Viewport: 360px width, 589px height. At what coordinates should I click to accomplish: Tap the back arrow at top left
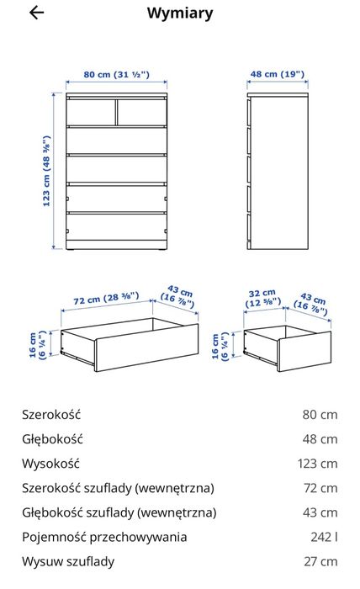pos(36,13)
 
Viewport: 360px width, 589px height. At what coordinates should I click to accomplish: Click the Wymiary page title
pos(179,13)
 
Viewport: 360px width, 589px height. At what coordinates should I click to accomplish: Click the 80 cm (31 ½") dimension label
pos(117,75)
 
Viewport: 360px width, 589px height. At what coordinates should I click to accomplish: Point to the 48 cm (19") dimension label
pos(277,75)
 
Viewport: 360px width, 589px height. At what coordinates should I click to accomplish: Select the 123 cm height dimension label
pos(47,172)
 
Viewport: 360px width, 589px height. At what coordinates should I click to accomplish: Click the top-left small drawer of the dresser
pos(91,112)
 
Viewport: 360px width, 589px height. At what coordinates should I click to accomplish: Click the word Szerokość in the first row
pos(51,414)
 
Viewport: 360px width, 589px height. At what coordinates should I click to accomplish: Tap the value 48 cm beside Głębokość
pos(320,438)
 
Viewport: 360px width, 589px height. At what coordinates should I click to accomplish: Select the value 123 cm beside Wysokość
pos(317,463)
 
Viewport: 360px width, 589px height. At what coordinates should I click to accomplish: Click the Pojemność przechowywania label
pos(104,537)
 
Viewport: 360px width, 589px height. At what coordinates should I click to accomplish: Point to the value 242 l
pos(324,537)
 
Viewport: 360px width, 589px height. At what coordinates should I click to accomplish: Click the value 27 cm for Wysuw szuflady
pos(320,561)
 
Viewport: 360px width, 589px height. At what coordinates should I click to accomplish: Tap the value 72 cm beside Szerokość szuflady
pos(320,487)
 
